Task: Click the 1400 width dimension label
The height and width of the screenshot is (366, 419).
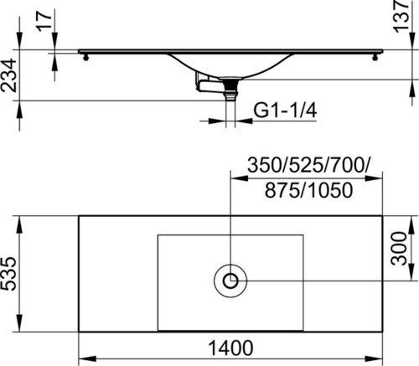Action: pyautogui.click(x=230, y=348)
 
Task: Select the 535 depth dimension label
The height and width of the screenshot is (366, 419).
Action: pyautogui.click(x=8, y=274)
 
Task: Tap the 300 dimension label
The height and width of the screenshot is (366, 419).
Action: pyautogui.click(x=399, y=248)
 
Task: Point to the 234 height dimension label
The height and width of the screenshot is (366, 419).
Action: pyautogui.click(x=8, y=75)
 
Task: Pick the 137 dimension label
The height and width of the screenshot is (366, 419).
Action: pyautogui.click(x=401, y=15)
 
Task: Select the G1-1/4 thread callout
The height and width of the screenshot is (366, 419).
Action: pyautogui.click(x=285, y=111)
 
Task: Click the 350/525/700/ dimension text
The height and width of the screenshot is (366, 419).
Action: pyautogui.click(x=308, y=165)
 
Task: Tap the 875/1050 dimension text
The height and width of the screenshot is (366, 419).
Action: pyautogui.click(x=308, y=190)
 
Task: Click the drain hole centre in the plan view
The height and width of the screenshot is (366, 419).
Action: pyautogui.click(x=230, y=281)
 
